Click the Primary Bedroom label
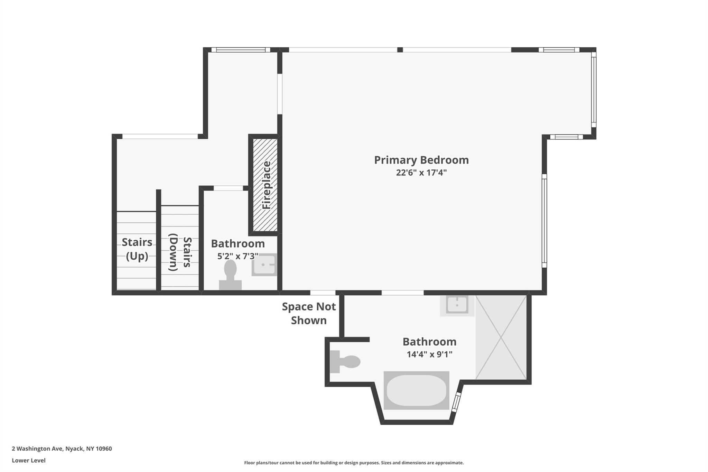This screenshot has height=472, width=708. coord(421,160)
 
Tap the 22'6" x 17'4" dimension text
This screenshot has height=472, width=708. coord(421,173)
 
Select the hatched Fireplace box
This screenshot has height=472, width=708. coord(265,185)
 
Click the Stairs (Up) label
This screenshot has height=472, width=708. coord(137,249)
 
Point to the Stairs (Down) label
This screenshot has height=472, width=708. coord(180,252)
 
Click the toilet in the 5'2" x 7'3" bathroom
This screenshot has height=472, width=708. coord(230,275)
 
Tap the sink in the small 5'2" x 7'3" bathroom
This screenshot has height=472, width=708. coord(264,265)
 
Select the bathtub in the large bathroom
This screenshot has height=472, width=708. coord(416,390)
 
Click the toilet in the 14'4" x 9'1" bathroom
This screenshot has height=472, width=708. coord(344,362)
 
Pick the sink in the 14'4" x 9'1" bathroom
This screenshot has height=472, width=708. coord(457,305)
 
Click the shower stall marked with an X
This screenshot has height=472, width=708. coord(501,337)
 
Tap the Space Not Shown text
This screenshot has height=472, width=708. coord(309,313)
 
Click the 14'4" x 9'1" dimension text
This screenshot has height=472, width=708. coord(429,354)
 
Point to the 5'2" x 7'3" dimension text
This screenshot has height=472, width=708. coord(237,256)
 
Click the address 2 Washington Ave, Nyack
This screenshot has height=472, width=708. coord(62,449)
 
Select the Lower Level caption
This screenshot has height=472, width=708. coord(29,461)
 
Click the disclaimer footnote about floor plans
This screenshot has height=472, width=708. coord(354,463)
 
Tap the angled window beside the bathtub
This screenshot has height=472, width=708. coord(456,402)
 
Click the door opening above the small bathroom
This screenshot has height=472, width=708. coord(228,188)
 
